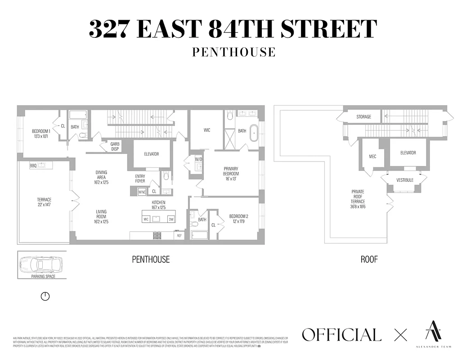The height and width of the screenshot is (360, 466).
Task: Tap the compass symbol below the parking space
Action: click(45, 296)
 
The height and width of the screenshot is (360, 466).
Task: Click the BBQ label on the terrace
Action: click(33, 166)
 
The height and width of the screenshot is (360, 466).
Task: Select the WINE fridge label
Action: click(142, 192)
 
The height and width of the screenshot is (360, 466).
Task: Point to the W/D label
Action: click(198, 159)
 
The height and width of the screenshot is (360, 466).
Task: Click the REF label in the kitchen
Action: click(179, 235)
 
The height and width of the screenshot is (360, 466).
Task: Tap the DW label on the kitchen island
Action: click(171, 219)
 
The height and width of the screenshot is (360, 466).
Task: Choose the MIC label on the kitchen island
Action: click(146, 219)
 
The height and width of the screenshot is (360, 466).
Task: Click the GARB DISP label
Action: click(115, 146)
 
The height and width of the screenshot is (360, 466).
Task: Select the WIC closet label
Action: click(207, 130)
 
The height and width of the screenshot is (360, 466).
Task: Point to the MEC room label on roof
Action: click(372, 156)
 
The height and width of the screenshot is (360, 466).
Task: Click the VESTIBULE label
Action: click(404, 180)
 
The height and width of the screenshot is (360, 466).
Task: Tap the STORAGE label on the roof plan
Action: click(364, 117)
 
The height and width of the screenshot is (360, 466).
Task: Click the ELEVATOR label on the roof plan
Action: click(408, 153)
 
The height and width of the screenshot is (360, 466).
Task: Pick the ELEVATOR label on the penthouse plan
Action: click(151, 154)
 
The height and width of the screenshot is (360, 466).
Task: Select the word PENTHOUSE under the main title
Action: click(233, 52)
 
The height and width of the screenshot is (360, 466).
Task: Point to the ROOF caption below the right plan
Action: click(369, 259)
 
